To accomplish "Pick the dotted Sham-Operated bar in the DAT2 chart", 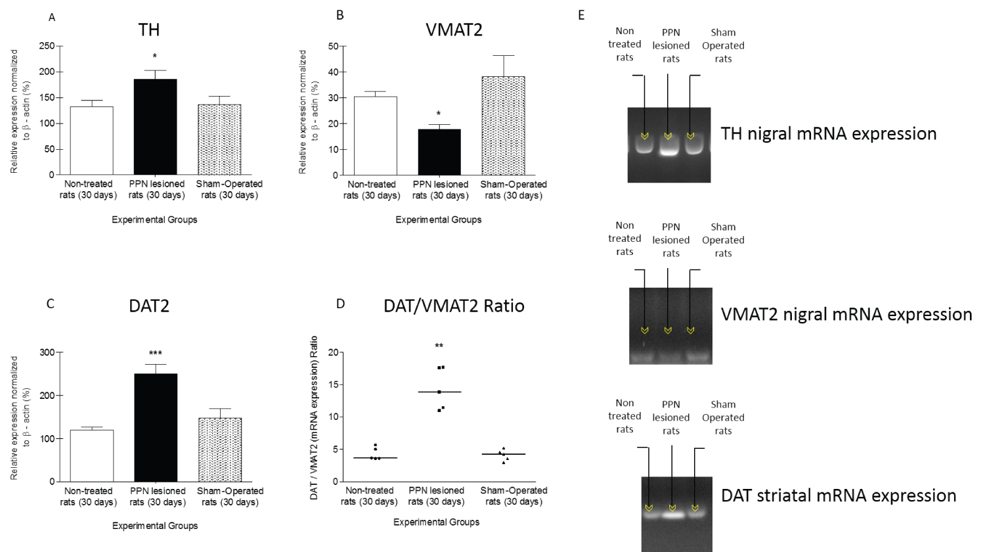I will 220,449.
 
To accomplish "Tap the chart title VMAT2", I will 454,30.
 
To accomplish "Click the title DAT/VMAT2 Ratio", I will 454,306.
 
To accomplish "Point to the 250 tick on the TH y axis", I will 47,46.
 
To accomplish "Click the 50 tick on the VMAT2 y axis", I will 333,47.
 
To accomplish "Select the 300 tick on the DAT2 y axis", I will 47,352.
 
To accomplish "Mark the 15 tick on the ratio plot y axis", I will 333,384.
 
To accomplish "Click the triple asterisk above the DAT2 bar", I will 156,354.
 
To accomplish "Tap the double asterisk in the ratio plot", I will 439,346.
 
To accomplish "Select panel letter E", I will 581,15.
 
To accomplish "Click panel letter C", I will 50,304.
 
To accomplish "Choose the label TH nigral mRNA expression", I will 828,133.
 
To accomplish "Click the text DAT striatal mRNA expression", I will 838,495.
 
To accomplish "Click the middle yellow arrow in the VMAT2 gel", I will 668,330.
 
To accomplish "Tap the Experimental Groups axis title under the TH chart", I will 154,219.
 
